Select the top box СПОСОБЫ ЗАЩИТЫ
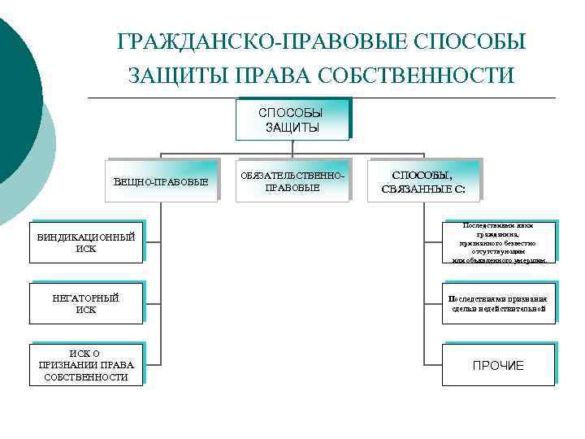292,119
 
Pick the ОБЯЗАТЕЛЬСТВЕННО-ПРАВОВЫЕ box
292,181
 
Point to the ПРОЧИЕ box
499,365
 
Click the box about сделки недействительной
499,303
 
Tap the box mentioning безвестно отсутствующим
499,242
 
